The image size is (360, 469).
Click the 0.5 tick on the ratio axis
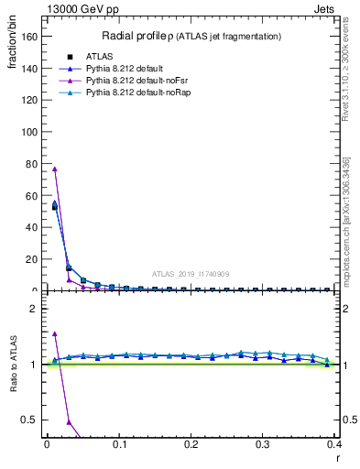(x=29, y=420)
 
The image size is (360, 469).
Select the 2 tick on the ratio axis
(x=33, y=309)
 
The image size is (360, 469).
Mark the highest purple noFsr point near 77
(x=55, y=169)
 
